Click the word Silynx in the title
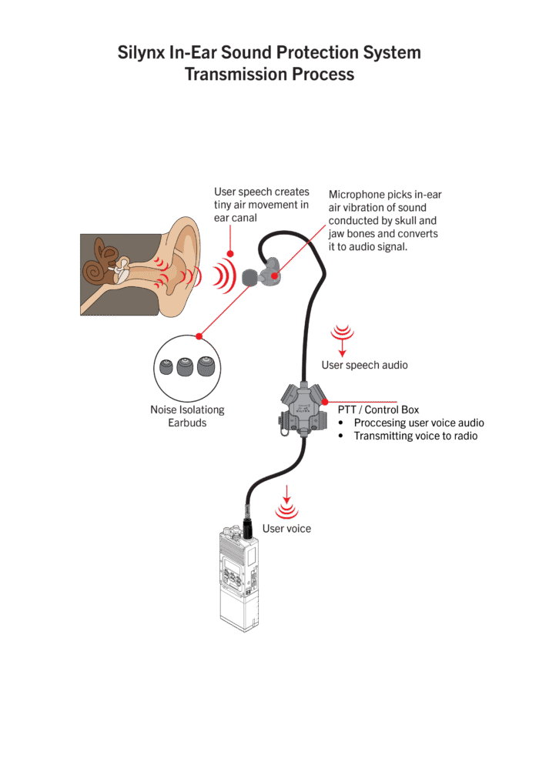(142, 53)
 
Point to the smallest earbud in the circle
(166, 367)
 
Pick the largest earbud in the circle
(205, 366)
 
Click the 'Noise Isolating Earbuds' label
(187, 416)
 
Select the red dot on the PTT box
(324, 402)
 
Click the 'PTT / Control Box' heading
(378, 410)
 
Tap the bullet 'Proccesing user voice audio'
(419, 423)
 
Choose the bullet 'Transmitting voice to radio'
(416, 436)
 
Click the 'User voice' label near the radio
(286, 529)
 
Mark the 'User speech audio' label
(365, 365)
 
